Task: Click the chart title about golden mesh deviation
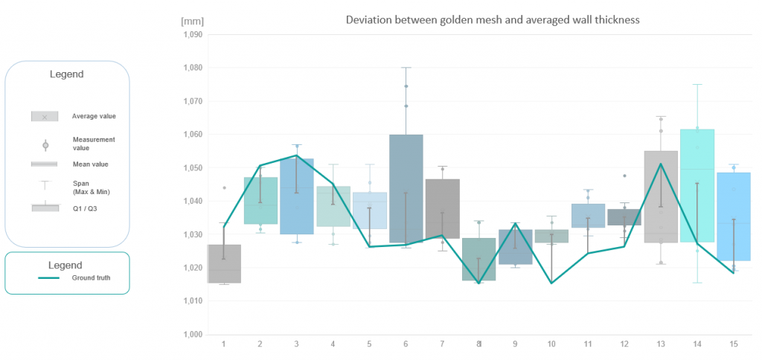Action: (493, 19)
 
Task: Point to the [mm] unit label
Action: (191, 19)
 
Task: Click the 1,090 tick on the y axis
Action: (192, 34)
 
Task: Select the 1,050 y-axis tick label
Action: (192, 168)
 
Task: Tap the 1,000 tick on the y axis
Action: (192, 335)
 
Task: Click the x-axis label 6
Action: (406, 344)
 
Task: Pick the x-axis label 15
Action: (734, 344)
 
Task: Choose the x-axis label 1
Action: (224, 344)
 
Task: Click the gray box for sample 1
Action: (224, 264)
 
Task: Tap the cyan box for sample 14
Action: (697, 186)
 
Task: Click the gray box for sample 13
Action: (661, 197)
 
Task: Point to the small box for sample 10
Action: (551, 236)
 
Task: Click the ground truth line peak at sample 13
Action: (661, 164)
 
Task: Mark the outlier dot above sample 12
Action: (624, 176)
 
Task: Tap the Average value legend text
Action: (94, 116)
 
